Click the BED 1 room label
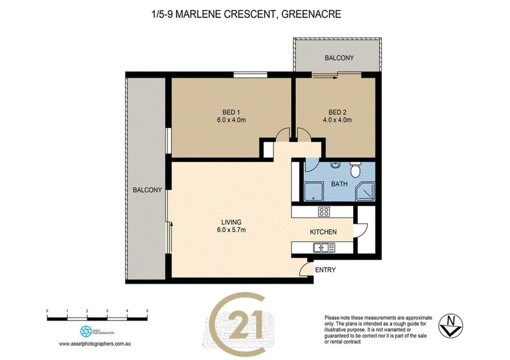point(231,112)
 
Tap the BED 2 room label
point(337,112)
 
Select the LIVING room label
point(231,222)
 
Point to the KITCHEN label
point(323,232)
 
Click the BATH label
point(339,184)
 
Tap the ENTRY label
point(325,270)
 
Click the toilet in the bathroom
point(355,169)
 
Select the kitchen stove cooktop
point(324,212)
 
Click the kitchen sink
point(324,248)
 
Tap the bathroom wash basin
point(335,164)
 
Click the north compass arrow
point(451,326)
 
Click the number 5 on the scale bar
point(147,311)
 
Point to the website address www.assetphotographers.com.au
point(94,343)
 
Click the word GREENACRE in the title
point(311,14)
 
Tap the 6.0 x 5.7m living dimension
point(231,230)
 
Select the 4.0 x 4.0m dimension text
point(337,120)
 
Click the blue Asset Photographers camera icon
point(86,331)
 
